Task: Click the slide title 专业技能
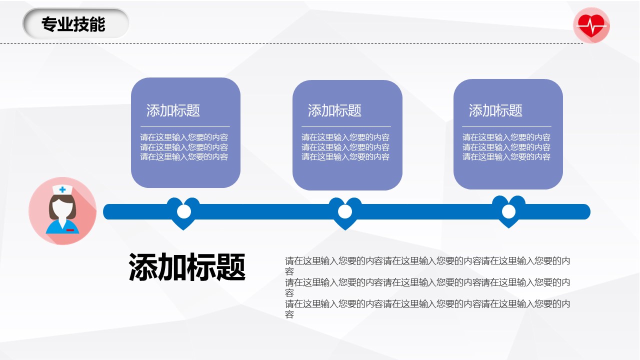click(x=73, y=24)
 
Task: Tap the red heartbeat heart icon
click(x=591, y=25)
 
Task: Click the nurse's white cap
click(x=62, y=189)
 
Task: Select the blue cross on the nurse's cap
click(x=62, y=189)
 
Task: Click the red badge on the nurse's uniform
click(x=70, y=230)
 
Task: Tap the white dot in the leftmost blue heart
click(x=183, y=211)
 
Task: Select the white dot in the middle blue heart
click(x=345, y=211)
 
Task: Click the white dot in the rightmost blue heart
click(x=508, y=211)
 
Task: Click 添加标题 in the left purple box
click(x=173, y=110)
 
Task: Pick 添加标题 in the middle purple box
click(x=334, y=110)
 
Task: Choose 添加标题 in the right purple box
click(x=495, y=110)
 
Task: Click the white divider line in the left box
click(x=185, y=126)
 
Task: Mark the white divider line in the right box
click(x=506, y=126)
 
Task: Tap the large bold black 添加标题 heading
click(x=187, y=267)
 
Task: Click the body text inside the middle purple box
click(x=345, y=147)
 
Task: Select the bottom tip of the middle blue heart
click(x=345, y=230)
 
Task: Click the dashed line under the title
click(x=291, y=43)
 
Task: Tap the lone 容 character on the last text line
click(x=289, y=314)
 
